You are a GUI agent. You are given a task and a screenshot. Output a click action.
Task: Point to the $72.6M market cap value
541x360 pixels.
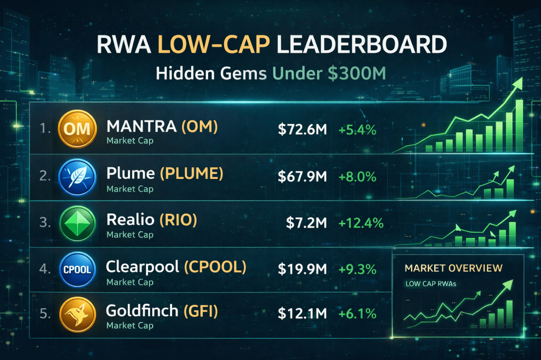coord(302,129)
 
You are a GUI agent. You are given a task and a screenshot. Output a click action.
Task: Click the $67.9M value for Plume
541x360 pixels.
coord(302,176)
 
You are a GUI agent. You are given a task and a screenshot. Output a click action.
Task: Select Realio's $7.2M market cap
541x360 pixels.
coord(307,222)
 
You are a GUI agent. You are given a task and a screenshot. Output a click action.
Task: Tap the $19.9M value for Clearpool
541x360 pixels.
coord(302,269)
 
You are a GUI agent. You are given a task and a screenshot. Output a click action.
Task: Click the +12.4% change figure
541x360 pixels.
coord(361,222)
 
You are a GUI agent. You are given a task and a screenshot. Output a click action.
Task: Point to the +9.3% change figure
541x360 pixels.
coord(357,269)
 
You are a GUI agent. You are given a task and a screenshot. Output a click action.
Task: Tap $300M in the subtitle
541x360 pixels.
coord(356,73)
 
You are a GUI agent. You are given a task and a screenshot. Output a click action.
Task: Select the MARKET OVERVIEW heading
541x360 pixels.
coord(453,268)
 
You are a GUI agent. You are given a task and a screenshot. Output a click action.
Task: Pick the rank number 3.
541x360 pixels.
coord(44,223)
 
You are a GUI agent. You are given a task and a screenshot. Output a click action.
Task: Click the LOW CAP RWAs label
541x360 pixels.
coord(430,284)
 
